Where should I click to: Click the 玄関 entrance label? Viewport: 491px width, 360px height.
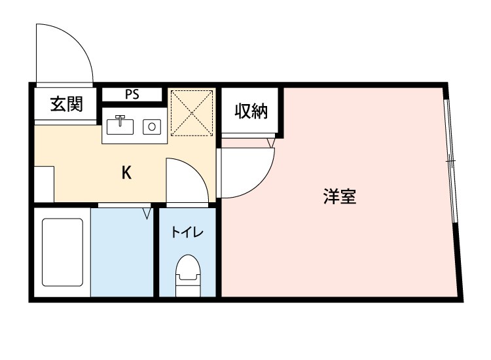[x=66, y=103]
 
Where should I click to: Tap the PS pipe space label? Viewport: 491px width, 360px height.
[x=132, y=94]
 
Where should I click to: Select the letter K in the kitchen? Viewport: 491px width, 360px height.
[x=127, y=173]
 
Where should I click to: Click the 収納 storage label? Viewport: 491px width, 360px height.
[x=251, y=112]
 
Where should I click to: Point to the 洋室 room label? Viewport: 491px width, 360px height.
[x=340, y=197]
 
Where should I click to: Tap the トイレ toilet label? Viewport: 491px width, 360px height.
[x=188, y=232]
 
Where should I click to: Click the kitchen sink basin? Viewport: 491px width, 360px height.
[x=120, y=126]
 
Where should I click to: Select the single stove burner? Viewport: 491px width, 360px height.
[x=153, y=126]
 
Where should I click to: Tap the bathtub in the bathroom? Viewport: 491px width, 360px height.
[x=63, y=251]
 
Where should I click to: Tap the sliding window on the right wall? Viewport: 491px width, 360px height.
[x=450, y=160]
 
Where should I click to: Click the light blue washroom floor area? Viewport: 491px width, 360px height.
[x=122, y=252]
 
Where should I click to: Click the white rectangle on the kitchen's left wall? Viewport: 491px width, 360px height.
[x=44, y=184]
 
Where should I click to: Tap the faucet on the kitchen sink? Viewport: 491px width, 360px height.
[x=120, y=119]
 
